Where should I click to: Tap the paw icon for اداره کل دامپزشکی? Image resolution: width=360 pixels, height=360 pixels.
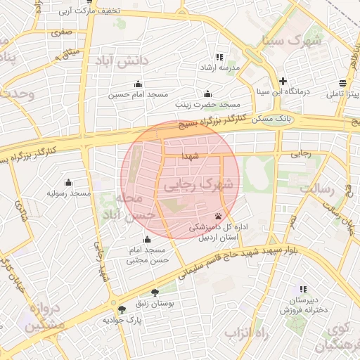point(219,216)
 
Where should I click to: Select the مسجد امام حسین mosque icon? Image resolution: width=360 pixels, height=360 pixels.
point(138,84)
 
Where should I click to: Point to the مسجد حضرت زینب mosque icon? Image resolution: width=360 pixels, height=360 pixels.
point(207,94)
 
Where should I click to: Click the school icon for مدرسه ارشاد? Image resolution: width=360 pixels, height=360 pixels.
point(219,57)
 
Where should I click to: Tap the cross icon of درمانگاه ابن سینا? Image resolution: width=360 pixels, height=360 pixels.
point(283,81)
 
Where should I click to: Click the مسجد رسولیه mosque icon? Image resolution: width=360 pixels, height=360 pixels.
point(68,182)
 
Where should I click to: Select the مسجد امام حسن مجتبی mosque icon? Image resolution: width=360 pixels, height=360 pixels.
point(148,240)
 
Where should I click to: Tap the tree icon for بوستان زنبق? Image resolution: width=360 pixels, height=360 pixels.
point(155,292)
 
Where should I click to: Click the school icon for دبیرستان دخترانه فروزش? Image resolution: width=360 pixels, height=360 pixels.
point(303,288)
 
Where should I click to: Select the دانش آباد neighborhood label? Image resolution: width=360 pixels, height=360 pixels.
point(129,62)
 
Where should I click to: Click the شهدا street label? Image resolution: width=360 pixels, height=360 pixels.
point(191,155)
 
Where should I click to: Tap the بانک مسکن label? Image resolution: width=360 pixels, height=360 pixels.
point(281,121)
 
